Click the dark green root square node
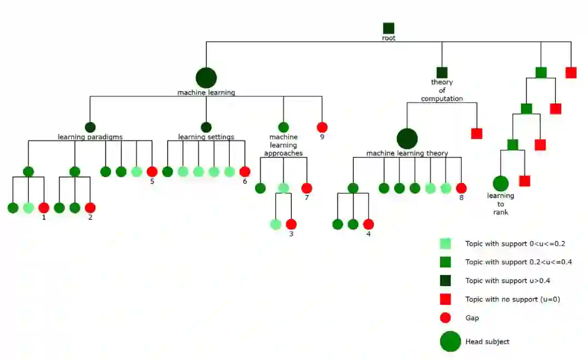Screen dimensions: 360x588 click(x=388, y=28)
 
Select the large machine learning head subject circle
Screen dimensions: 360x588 click(x=206, y=78)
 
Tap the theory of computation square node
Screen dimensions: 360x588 click(x=442, y=72)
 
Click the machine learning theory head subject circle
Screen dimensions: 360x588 click(x=407, y=139)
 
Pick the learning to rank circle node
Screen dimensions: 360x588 click(x=500, y=184)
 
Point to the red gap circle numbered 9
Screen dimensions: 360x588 click(x=322, y=127)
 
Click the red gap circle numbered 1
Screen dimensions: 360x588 click(x=44, y=208)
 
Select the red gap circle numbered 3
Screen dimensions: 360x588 click(x=291, y=224)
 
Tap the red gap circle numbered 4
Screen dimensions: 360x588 click(x=369, y=224)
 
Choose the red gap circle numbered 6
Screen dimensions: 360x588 click(x=245, y=172)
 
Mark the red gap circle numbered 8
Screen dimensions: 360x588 click(x=461, y=188)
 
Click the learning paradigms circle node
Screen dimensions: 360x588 click(x=90, y=127)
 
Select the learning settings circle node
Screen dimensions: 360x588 click(x=206, y=127)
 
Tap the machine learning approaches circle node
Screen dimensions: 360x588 click(x=283, y=127)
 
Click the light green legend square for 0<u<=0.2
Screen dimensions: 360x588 click(x=445, y=243)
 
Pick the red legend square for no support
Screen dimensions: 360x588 click(x=445, y=299)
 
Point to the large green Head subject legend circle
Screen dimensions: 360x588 click(x=450, y=341)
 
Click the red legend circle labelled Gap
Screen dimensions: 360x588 click(x=445, y=318)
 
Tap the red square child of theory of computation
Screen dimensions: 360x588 click(x=477, y=133)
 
